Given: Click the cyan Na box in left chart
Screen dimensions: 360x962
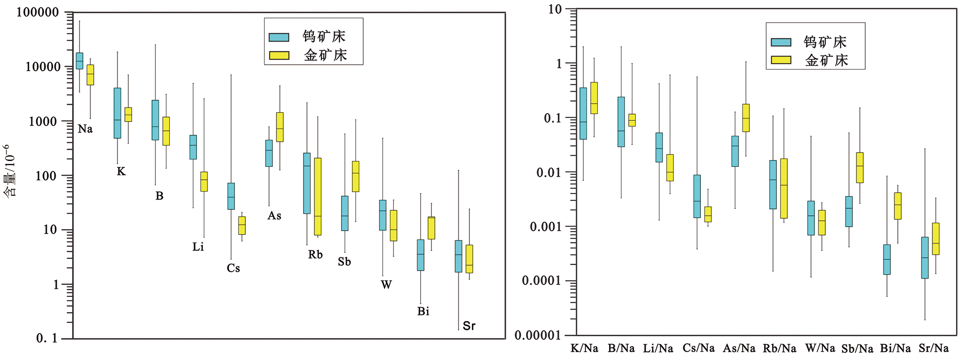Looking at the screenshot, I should tap(79, 61).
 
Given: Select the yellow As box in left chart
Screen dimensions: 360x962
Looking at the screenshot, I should tap(280, 127).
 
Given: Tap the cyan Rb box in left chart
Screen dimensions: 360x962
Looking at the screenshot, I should tap(307, 183).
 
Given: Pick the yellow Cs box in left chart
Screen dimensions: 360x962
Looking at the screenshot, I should tap(242, 225).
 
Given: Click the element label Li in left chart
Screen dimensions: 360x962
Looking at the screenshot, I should tap(198, 247).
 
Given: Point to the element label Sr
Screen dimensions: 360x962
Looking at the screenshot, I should tap(469, 326).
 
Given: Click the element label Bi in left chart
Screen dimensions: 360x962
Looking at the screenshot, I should tap(423, 312).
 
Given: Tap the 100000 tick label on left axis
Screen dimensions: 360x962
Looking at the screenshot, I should tap(38, 12).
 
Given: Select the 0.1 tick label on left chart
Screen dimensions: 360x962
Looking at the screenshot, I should tap(47, 339).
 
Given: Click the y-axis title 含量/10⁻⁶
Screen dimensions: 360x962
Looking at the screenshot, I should tap(10, 170).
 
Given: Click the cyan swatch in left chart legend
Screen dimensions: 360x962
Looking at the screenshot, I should tap(279, 37).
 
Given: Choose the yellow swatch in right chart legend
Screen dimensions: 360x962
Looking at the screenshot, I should tap(781, 60).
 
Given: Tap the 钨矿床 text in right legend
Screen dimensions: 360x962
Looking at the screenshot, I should tap(825, 42).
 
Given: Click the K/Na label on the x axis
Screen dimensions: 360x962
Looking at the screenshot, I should tap(584, 349).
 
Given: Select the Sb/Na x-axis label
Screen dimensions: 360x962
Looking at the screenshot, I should tap(857, 349).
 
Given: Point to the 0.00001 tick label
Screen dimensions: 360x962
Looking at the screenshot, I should tap(538, 336).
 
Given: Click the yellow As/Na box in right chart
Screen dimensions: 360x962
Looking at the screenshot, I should tap(746, 118).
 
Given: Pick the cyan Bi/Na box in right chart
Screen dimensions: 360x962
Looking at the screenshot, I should tap(887, 259).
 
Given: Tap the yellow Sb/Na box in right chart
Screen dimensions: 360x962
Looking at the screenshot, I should tap(860, 167).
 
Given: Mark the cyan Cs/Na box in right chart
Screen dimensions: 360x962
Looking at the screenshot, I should tap(697, 196).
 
